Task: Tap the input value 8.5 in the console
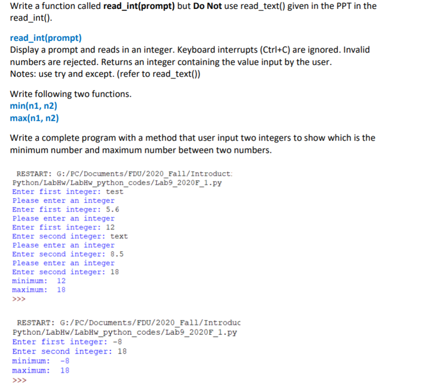[x=117, y=254]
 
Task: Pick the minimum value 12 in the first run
[x=61, y=281]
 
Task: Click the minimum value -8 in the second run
[x=64, y=360]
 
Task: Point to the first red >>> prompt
[x=19, y=299]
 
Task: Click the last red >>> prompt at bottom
[x=19, y=379]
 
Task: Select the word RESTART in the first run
[x=33, y=174]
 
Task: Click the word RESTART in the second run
[x=33, y=323]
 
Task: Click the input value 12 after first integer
[x=110, y=227]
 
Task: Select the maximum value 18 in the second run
[x=64, y=370]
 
